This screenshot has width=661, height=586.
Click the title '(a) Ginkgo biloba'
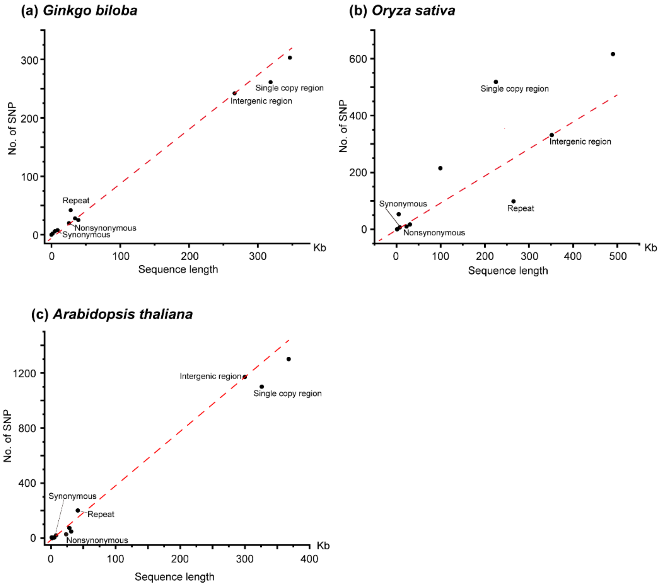pos(79,11)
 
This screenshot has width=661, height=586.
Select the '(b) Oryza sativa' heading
pos(402,11)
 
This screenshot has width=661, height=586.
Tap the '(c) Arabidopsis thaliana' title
pos(112,314)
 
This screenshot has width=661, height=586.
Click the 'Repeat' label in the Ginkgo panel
pos(76,201)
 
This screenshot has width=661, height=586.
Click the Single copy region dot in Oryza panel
pos(496,82)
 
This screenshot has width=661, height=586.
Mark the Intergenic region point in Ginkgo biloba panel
pos(234,93)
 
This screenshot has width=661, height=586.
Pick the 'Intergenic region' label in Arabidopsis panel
pos(211,376)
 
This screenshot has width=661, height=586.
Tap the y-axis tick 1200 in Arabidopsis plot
pos(24,373)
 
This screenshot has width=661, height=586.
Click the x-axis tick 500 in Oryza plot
pos(618,256)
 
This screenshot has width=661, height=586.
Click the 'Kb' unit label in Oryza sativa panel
pos(650,248)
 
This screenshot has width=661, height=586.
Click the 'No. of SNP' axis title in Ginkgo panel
pos(12,129)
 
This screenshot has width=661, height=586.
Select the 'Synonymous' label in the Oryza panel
pos(403,204)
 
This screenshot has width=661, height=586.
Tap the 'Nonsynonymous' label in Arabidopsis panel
pos(97,540)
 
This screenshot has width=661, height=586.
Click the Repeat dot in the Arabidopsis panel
pos(78,510)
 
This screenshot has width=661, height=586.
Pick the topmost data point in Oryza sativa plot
pos(613,54)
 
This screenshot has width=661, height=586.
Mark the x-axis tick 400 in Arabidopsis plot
pos(309,559)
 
